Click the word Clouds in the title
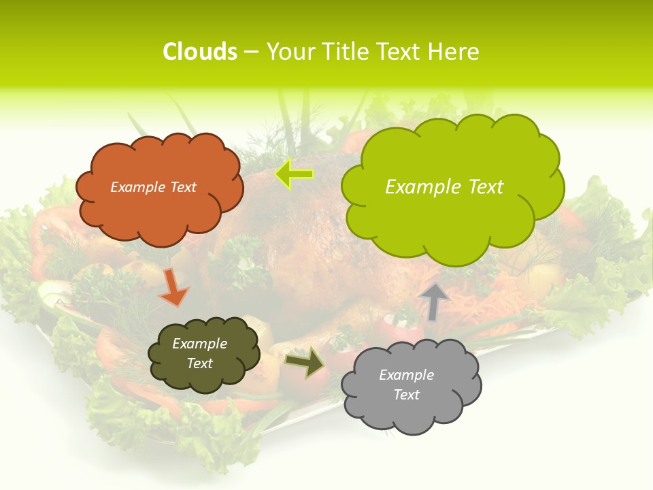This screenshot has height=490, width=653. point(200,52)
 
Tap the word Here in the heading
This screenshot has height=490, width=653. point(453,52)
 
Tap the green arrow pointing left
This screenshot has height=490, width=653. point(294,174)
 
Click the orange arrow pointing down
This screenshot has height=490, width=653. point(173,287)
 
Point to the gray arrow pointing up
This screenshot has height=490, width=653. point(434,301)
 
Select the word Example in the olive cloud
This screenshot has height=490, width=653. point(200,344)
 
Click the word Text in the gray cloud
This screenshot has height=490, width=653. point(407,395)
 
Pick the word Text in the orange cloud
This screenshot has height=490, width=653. point(183,187)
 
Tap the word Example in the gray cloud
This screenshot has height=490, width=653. point(407,375)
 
